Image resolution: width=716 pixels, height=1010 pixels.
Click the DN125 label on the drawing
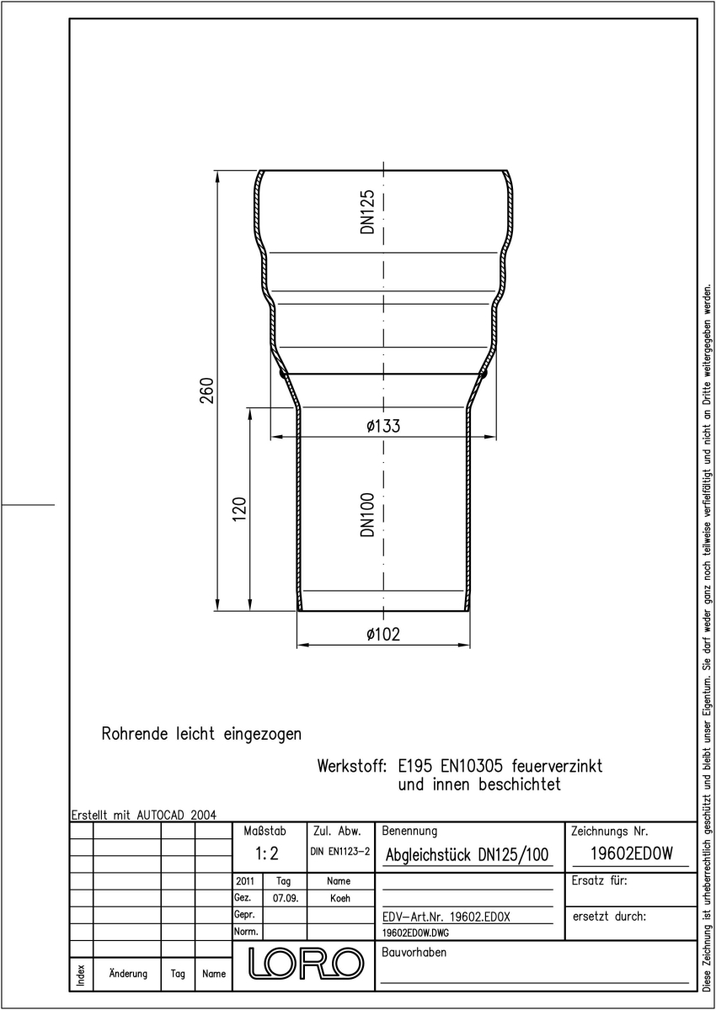pos(368,211)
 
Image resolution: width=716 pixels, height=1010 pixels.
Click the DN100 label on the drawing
pos(368,514)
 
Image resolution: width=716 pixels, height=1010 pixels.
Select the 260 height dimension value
pos(206,391)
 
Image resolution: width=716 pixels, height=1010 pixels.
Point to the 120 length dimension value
pos(239,509)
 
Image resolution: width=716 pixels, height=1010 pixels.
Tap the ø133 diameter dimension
pos(383,426)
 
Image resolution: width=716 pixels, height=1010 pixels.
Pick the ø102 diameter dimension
pos(383,635)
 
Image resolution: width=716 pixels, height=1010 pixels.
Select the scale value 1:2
pos(267,853)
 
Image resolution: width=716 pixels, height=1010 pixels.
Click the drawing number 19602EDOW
pos(631,853)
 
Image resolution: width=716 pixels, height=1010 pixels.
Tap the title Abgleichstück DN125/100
pos(467,854)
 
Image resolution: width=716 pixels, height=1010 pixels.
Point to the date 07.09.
pos(286,898)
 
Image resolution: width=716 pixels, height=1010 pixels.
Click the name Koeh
pos(340,898)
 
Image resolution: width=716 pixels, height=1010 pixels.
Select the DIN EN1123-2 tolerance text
pos(340,851)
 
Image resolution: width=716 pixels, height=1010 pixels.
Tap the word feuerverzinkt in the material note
pos(557,766)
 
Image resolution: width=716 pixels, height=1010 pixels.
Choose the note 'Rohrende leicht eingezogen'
pos(201,734)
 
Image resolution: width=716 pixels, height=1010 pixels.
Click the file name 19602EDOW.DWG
pos(415,933)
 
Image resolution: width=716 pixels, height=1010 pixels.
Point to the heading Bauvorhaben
pos(414,952)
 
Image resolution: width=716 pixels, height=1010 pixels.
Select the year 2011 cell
pos(245,881)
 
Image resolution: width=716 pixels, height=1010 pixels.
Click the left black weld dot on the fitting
pos(283,374)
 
